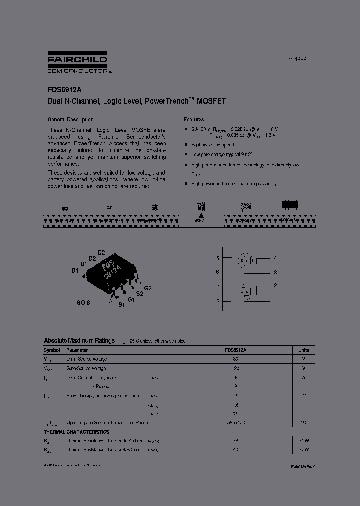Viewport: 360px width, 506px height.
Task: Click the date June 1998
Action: pos(294,59)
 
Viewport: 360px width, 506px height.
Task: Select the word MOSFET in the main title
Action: pos(211,101)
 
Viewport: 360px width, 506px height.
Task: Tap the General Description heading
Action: pos(70,120)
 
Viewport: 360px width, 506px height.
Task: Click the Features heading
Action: pos(194,120)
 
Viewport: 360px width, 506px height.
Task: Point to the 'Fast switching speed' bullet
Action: pos(213,145)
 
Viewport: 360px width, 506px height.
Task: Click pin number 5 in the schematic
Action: pos(218,259)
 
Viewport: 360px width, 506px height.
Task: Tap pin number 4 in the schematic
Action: pos(275,258)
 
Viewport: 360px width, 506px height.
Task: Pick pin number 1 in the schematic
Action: pos(275,300)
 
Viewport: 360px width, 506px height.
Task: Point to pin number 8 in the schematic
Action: pos(218,300)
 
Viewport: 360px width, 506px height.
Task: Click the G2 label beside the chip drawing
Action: pos(148,288)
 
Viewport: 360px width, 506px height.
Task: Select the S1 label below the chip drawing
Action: pos(121,305)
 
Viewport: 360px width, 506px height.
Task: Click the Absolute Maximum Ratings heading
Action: pos(79,340)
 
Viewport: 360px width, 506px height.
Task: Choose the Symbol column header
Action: pos(52,350)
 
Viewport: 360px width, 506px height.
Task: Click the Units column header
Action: pos(304,350)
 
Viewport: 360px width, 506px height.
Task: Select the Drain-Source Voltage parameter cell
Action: pos(86,359)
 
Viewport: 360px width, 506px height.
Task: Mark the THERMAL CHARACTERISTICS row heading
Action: pos(76,432)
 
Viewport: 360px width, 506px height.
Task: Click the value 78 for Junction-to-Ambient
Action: pos(235,441)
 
